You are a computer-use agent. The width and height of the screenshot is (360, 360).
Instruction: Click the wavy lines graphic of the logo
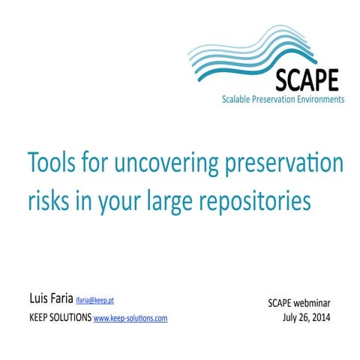click(247, 52)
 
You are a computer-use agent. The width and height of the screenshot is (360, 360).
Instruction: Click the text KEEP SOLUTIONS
click(60, 318)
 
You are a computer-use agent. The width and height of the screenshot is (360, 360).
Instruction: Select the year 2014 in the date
click(319, 318)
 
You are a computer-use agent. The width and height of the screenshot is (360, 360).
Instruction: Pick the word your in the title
click(112, 202)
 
